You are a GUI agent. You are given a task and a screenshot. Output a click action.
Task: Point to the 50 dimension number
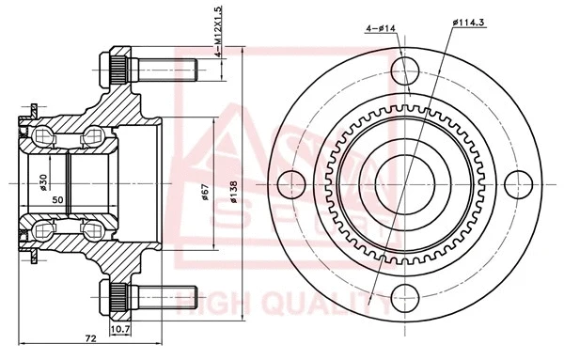click(57, 199)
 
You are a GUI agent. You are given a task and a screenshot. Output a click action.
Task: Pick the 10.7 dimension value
click(120, 329)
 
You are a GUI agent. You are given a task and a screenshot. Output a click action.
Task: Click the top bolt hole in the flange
click(402, 69)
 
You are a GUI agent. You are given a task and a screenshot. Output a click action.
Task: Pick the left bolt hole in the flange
click(291, 180)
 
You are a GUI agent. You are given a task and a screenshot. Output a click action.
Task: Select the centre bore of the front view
click(402, 180)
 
